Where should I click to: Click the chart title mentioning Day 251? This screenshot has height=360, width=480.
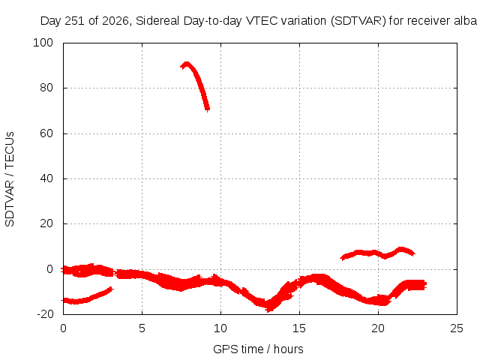pos(259,21)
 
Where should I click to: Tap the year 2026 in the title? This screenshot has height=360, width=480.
pos(115,21)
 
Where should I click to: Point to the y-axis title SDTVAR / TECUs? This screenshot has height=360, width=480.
pos(10,179)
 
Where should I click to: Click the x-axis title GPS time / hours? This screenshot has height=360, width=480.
pos(258,349)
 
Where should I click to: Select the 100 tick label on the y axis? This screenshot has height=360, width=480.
pos(43,43)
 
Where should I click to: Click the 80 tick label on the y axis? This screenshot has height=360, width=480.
pos(46,88)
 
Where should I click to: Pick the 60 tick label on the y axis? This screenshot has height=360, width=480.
pos(46,133)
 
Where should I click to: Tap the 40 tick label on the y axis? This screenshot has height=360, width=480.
pos(46,178)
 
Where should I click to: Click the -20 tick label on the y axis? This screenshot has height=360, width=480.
pos(45,314)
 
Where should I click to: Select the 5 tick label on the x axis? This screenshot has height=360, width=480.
pos(142,328)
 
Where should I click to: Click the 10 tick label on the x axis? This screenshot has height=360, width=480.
pos(220,328)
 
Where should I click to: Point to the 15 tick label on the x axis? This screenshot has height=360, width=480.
pos(299,328)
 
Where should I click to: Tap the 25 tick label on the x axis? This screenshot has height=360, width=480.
pos(457,328)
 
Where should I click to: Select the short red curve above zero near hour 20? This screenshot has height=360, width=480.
pos(377,253)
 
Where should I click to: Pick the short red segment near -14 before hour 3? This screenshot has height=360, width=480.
pos(87,298)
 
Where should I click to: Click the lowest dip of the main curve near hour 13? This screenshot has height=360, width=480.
pos(268,307)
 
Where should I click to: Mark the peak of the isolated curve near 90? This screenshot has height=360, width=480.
pos(186,64)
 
